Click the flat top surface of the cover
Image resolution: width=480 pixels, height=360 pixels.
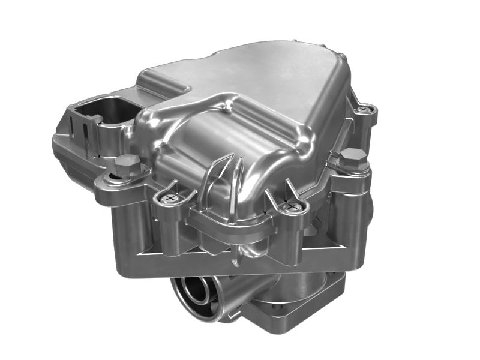click(258, 78)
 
